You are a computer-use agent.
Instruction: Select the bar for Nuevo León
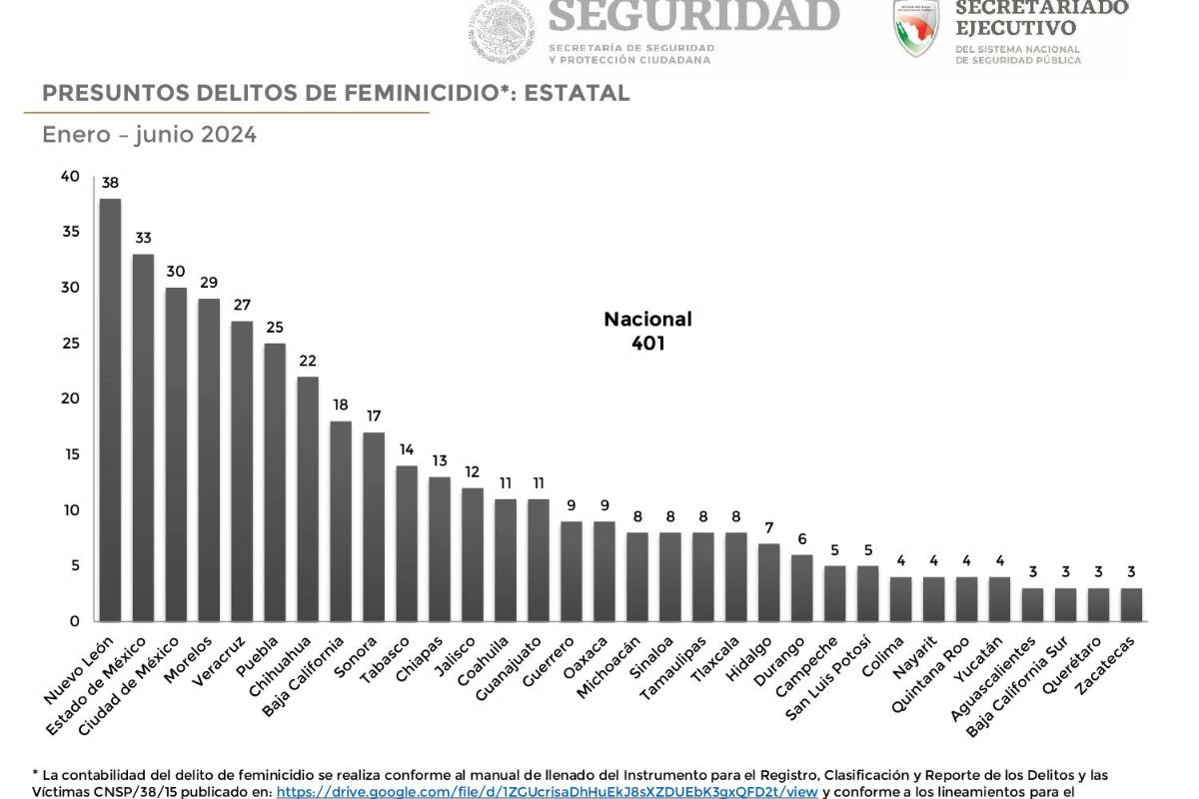[110, 409]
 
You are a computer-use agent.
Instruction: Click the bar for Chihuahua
[308, 498]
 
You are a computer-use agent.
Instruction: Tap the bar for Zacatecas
[1131, 604]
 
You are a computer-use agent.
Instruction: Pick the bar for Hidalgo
[769, 582]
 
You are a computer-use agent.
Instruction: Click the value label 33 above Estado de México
[143, 239]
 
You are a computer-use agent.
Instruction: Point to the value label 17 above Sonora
[374, 415]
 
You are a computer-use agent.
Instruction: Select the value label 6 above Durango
[802, 538]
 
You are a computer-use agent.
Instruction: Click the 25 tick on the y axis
[70, 344]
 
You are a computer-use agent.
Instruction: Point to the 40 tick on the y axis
[70, 177]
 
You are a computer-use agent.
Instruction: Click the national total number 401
[647, 344]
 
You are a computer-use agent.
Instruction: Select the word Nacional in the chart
[647, 320]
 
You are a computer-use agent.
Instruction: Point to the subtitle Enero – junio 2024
[149, 135]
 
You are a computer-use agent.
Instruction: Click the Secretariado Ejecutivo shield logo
[916, 27]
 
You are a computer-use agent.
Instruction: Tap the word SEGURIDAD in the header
[693, 16]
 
